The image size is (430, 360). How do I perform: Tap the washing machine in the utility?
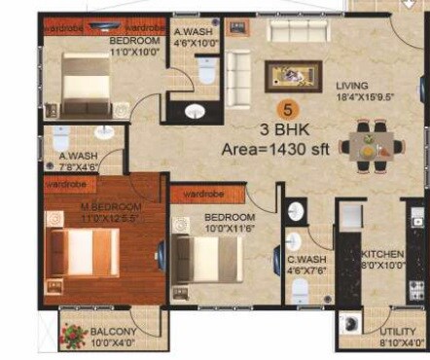tap(351, 328)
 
